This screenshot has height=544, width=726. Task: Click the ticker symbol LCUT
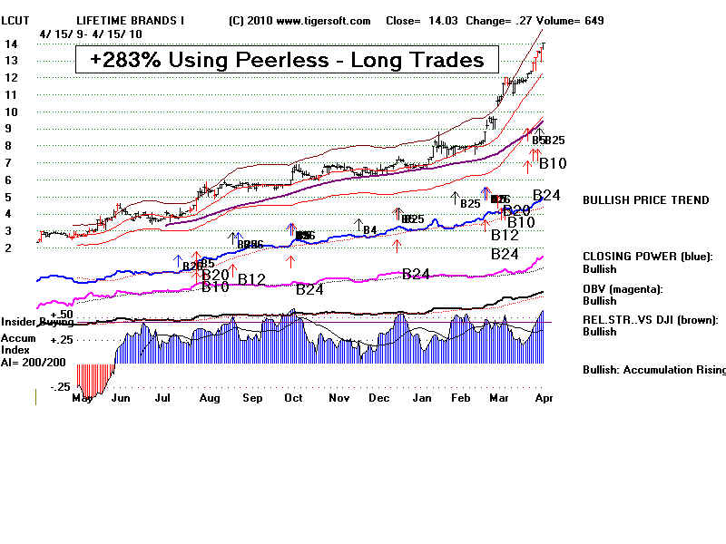coord(16,20)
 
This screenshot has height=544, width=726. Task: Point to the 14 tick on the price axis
coord(10,44)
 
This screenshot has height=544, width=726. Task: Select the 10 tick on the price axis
coord(10,112)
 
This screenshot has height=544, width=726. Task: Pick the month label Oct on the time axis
coord(293,397)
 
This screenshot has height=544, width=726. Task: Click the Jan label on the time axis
coord(421,397)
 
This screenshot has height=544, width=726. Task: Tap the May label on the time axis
coord(83,397)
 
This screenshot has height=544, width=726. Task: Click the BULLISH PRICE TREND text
coord(645,200)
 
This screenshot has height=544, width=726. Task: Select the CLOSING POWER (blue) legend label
coord(647,257)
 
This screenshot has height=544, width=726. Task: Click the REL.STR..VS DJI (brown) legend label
coord(650,319)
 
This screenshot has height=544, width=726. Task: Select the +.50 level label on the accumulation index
coord(36,313)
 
